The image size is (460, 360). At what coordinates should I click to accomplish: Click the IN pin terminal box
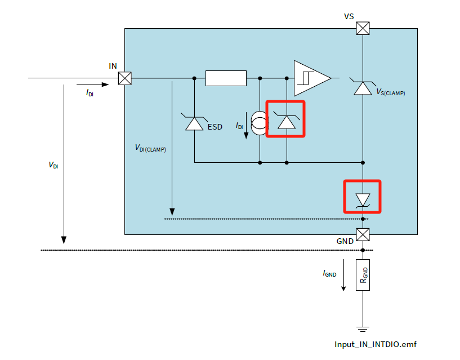(125, 78)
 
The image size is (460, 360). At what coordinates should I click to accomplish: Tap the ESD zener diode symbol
(194, 122)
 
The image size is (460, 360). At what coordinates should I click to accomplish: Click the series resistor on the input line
(226, 78)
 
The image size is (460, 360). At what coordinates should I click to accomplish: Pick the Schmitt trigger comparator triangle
(311, 78)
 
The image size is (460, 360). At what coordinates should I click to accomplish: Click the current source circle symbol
(260, 123)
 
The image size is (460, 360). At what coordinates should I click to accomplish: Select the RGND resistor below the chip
(363, 275)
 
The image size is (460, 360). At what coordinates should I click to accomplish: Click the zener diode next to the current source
(287, 121)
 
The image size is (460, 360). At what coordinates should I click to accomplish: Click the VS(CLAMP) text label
(390, 92)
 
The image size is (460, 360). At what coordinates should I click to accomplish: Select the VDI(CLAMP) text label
(150, 148)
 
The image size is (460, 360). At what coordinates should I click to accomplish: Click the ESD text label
(215, 127)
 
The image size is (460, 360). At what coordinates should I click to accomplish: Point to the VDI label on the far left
(53, 166)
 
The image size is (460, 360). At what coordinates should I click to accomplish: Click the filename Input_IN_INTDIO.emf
(376, 344)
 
